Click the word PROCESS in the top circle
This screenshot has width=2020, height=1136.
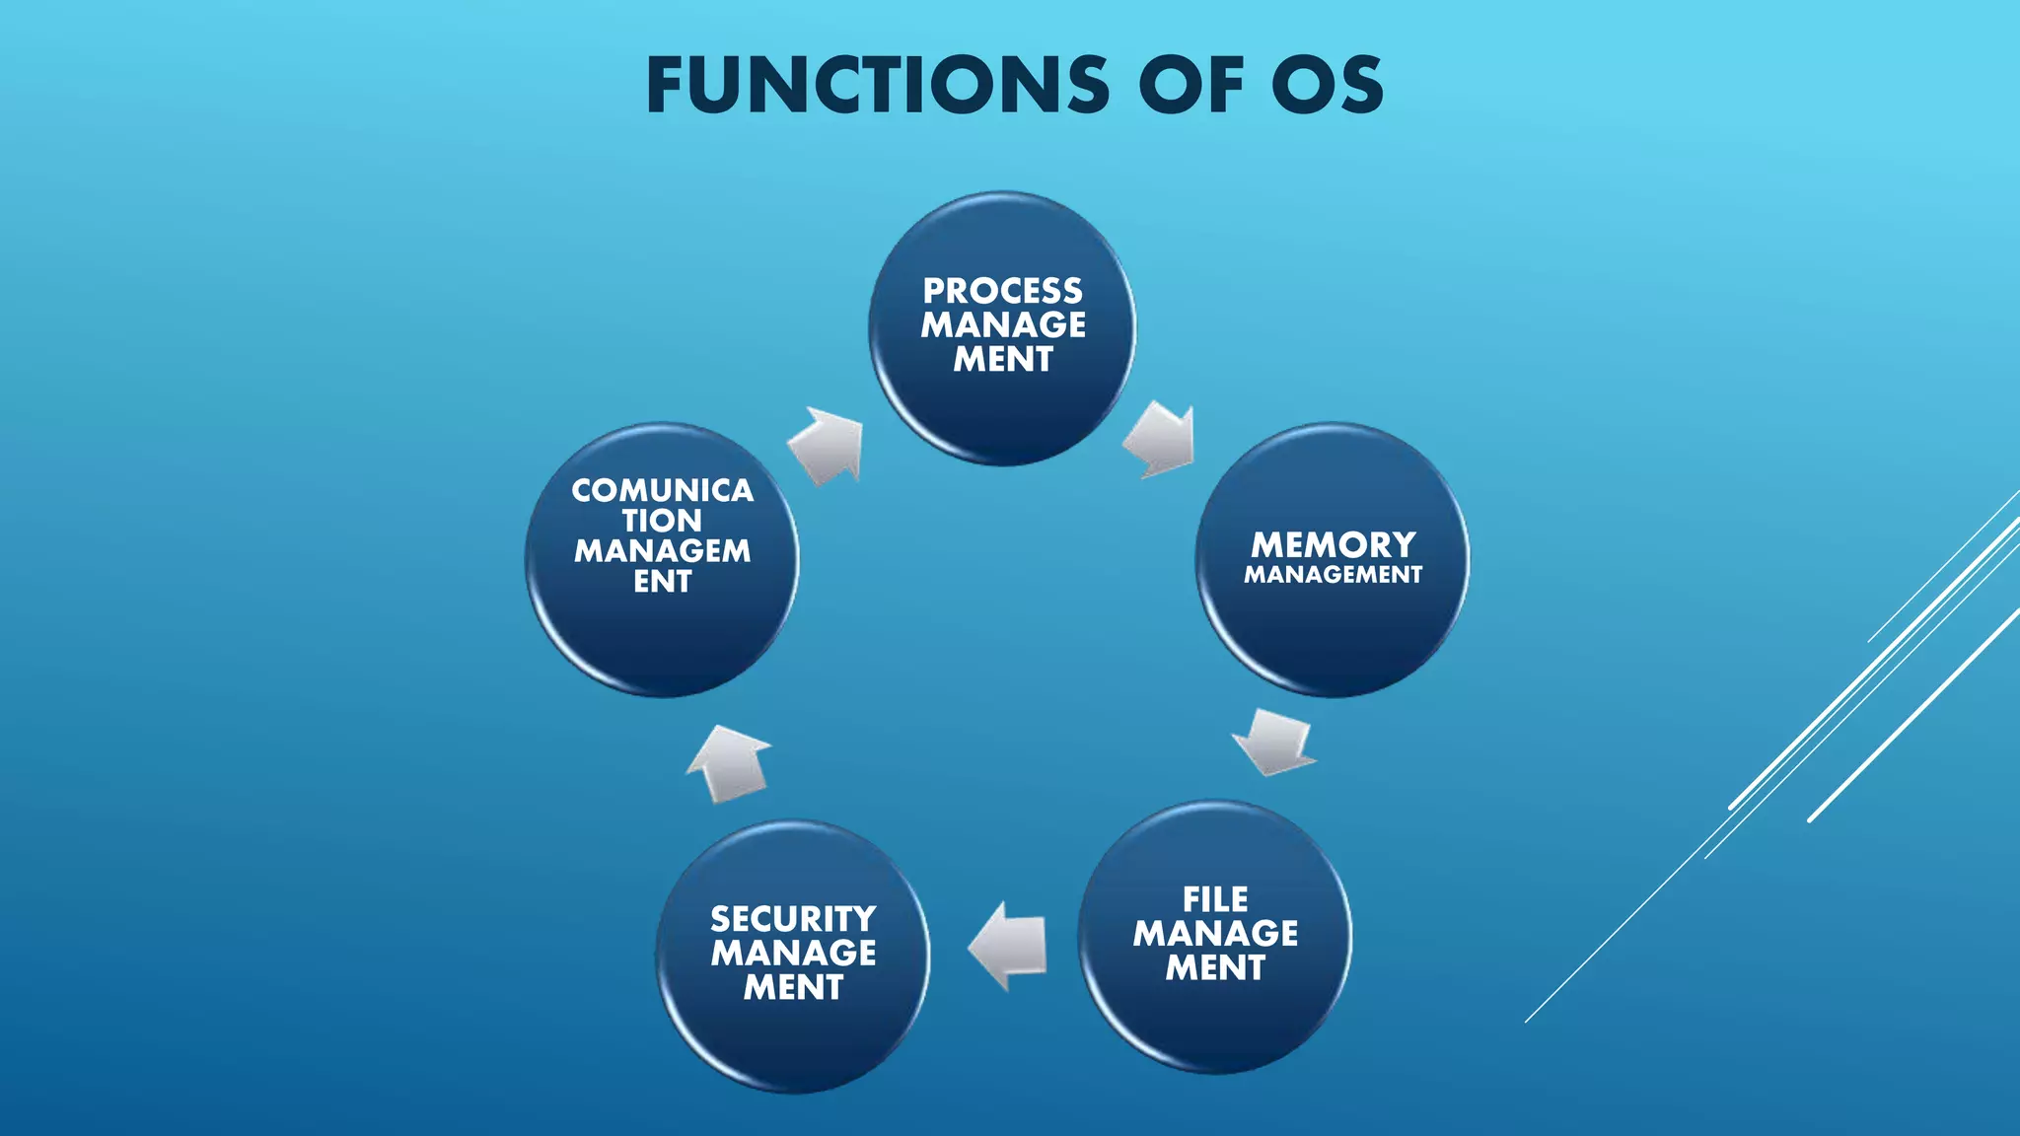point(1002,291)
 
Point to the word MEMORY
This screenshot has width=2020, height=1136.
point(1334,544)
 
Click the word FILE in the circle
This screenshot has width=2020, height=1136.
point(1215,899)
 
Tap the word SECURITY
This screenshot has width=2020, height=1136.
point(793,919)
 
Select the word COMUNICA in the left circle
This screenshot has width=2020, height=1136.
point(662,490)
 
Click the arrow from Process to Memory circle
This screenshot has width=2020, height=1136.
point(1161,440)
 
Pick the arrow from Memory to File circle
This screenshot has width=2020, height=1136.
point(1273,742)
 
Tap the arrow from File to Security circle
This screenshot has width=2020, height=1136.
point(1008,946)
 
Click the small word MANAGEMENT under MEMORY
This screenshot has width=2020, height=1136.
point(1333,575)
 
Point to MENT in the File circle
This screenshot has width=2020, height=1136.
point(1215,968)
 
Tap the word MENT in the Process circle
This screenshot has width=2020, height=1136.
point(1002,360)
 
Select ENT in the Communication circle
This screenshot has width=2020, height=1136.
point(662,582)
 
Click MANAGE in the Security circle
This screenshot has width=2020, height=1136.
point(793,954)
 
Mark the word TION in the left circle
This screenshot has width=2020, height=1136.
point(662,521)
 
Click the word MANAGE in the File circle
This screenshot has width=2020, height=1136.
point(1215,934)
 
